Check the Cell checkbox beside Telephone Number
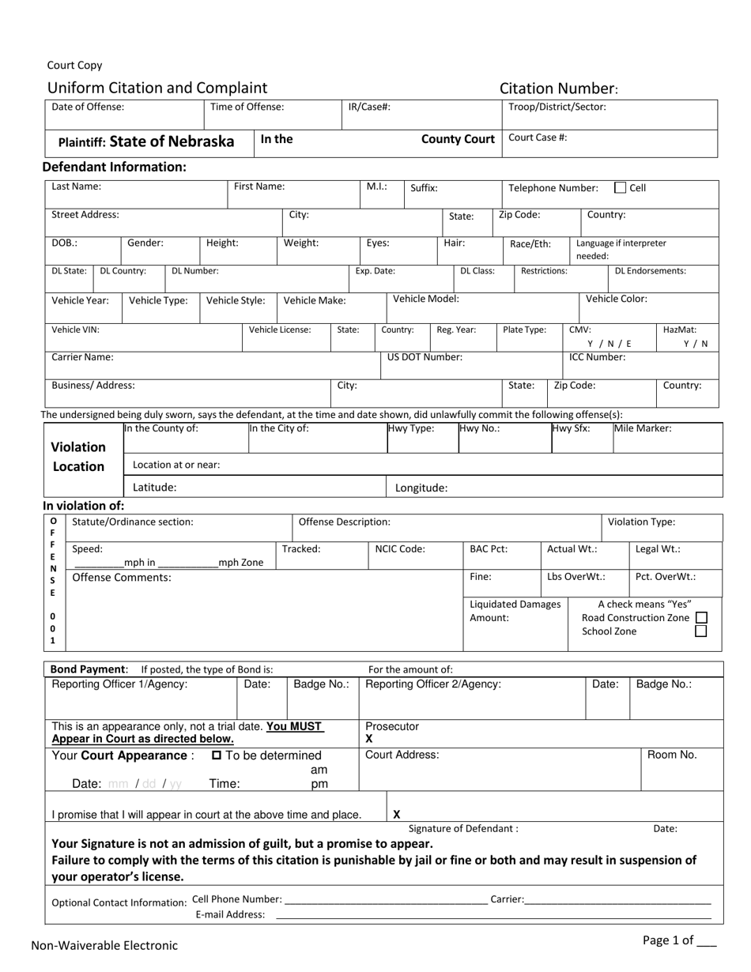(621, 188)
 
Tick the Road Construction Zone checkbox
(700, 618)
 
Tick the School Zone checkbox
(700, 631)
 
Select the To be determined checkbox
(217, 756)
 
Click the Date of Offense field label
(88, 107)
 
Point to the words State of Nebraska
(172, 141)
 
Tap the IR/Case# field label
(369, 107)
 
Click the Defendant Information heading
(114, 167)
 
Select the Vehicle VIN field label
(75, 330)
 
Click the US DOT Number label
(425, 357)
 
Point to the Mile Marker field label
(643, 428)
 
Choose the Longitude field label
(421, 488)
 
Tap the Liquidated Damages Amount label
(515, 611)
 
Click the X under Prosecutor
(369, 739)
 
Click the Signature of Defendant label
(463, 829)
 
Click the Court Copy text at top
(74, 66)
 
